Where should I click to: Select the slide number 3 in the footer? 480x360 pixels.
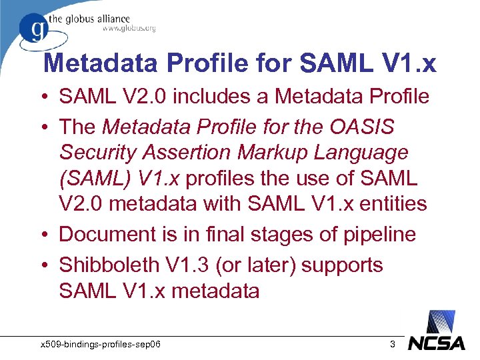point(393,345)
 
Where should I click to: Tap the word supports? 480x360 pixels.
point(343,265)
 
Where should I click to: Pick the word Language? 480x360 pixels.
point(369,153)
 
